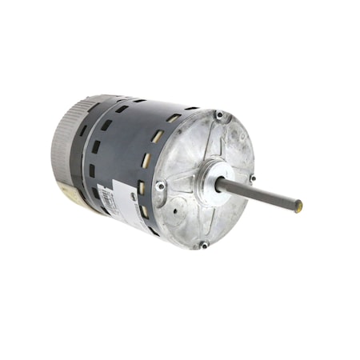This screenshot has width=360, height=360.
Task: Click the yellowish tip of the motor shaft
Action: tap(298, 206)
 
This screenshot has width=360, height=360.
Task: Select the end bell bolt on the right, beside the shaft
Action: tap(251, 178)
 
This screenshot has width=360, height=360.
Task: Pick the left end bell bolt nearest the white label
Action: tap(161, 186)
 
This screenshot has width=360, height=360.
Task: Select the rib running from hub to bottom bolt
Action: tap(206, 210)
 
